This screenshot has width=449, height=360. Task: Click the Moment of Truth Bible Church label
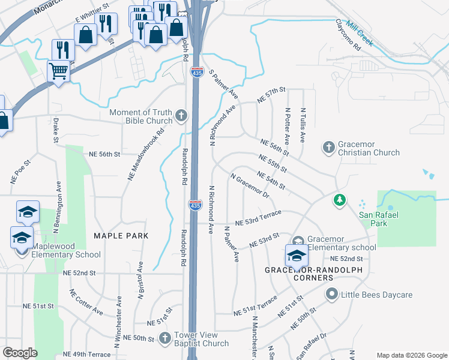coord(141,116)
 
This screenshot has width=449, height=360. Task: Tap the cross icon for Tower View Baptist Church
coord(165,338)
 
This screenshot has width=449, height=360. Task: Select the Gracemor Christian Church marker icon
coord(328,147)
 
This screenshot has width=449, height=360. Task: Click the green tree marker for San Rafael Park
coord(340,200)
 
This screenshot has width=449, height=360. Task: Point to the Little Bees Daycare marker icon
coord(331,294)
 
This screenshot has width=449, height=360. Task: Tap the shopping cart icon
coord(59,71)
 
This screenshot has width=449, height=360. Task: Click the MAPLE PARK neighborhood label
coord(121,236)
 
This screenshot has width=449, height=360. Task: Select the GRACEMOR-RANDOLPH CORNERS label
coord(299,274)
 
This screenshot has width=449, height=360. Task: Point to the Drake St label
coord(55,130)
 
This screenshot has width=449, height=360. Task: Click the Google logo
coord(20,352)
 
